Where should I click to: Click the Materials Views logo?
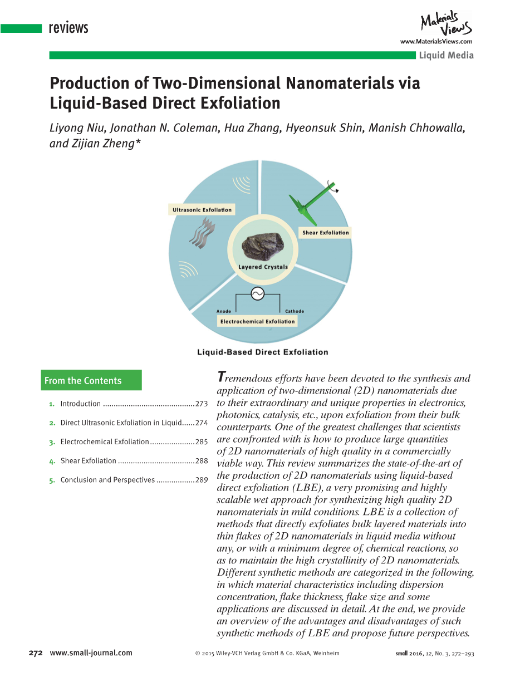[446, 24]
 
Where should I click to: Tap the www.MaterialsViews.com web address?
[436, 42]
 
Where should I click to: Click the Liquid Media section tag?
[446, 55]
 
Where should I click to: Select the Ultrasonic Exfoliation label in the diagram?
[202, 210]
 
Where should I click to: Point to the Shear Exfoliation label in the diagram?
[326, 233]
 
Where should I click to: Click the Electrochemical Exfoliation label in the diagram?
[257, 321]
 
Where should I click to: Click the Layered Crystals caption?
[263, 267]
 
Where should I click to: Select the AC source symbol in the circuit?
[257, 293]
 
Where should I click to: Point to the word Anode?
[223, 311]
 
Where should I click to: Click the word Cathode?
[295, 311]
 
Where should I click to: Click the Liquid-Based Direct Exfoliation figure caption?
[263, 352]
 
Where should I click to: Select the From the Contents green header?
[92, 380]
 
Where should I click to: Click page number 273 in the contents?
[202, 404]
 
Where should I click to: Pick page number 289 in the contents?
[202, 479]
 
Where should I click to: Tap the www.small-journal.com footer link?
[91, 653]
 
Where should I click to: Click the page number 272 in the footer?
[36, 653]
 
